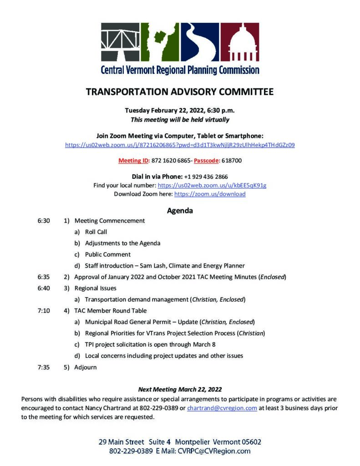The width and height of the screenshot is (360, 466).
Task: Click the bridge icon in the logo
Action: point(120,42)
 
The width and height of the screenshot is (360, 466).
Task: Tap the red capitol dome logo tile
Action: point(239,42)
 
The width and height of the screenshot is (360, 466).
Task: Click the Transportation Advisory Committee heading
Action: point(180,92)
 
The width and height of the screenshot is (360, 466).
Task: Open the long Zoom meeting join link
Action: point(180,145)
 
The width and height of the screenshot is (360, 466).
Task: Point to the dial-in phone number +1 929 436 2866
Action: point(206,177)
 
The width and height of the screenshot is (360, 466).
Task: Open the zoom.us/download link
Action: point(210,194)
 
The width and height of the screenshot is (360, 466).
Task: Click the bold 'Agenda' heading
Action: point(180,211)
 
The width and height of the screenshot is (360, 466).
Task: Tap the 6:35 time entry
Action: point(44,276)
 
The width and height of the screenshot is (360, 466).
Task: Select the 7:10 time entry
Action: point(44,310)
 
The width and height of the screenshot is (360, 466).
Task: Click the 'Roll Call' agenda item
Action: point(96,232)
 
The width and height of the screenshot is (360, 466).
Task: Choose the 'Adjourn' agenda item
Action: point(86,367)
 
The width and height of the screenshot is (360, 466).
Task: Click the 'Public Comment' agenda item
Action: point(108,254)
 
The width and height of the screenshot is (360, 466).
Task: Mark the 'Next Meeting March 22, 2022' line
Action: point(180,389)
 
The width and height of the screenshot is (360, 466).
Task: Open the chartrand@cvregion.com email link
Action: point(222,408)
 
